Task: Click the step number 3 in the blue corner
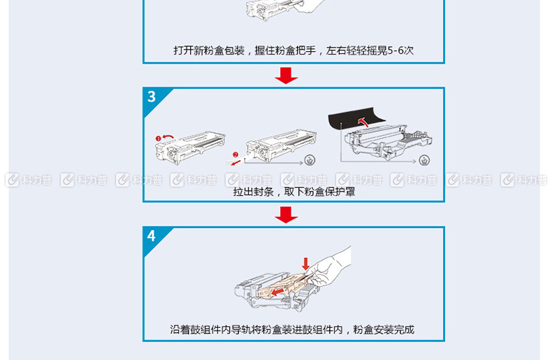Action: pos(152,96)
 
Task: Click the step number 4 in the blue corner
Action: pos(152,236)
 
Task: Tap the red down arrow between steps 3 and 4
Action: pos(286,215)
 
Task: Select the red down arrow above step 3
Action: pos(286,75)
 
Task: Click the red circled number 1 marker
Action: pos(158,138)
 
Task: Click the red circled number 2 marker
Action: pos(235,154)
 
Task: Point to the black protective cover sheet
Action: pos(352,120)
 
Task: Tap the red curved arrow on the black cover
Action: pos(362,122)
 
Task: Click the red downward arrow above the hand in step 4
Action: pos(305,264)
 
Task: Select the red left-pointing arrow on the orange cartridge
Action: pos(278,291)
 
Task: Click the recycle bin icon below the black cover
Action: pos(425,160)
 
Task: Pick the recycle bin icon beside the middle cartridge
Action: pos(310,160)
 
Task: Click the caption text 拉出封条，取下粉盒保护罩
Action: pos(294,192)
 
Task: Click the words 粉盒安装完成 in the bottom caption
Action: pos(384,330)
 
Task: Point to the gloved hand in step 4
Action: pos(329,268)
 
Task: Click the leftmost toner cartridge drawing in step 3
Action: pos(191,147)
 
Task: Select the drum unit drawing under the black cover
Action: pos(388,142)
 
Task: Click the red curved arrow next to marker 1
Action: pos(168,136)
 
